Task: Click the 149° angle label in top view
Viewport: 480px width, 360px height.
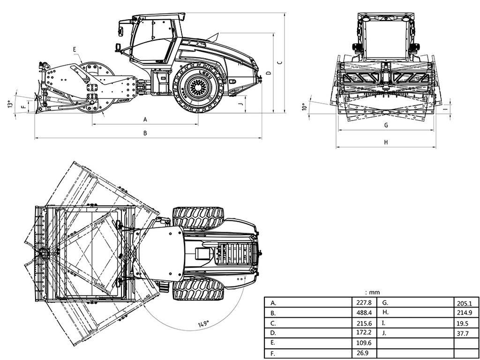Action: click(x=203, y=323)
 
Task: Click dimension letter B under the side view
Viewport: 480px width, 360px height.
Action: click(x=145, y=133)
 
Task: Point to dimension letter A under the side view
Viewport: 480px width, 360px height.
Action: click(x=145, y=120)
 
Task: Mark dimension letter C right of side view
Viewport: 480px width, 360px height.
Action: click(x=279, y=62)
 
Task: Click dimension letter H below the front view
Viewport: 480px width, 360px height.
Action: click(x=386, y=142)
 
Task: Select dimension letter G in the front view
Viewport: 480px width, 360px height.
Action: click(x=386, y=125)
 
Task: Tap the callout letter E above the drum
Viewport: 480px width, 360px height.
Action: click(x=75, y=49)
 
